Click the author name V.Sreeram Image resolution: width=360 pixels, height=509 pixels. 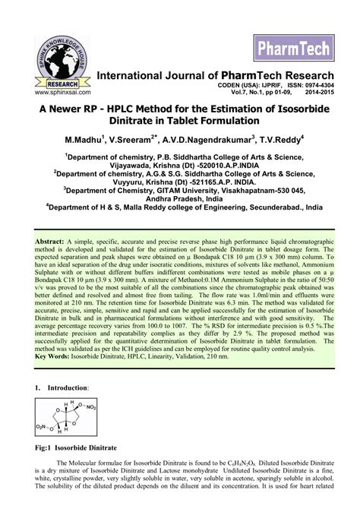[132, 141]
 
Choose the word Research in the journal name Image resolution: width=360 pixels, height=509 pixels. [302, 75]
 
